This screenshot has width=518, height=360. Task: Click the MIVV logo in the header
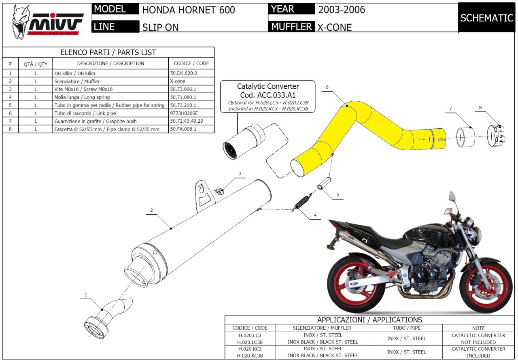[48, 22]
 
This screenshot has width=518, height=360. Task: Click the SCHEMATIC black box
[486, 18]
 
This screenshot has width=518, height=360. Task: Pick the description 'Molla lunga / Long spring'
[82, 97]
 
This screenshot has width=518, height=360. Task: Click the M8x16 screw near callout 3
[220, 191]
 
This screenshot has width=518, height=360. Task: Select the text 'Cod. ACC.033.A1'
[268, 95]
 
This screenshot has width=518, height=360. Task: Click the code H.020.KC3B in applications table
[250, 356]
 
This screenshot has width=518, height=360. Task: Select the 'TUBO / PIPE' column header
[406, 328]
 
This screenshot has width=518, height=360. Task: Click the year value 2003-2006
[342, 9]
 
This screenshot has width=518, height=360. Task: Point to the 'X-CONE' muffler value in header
[334, 27]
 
